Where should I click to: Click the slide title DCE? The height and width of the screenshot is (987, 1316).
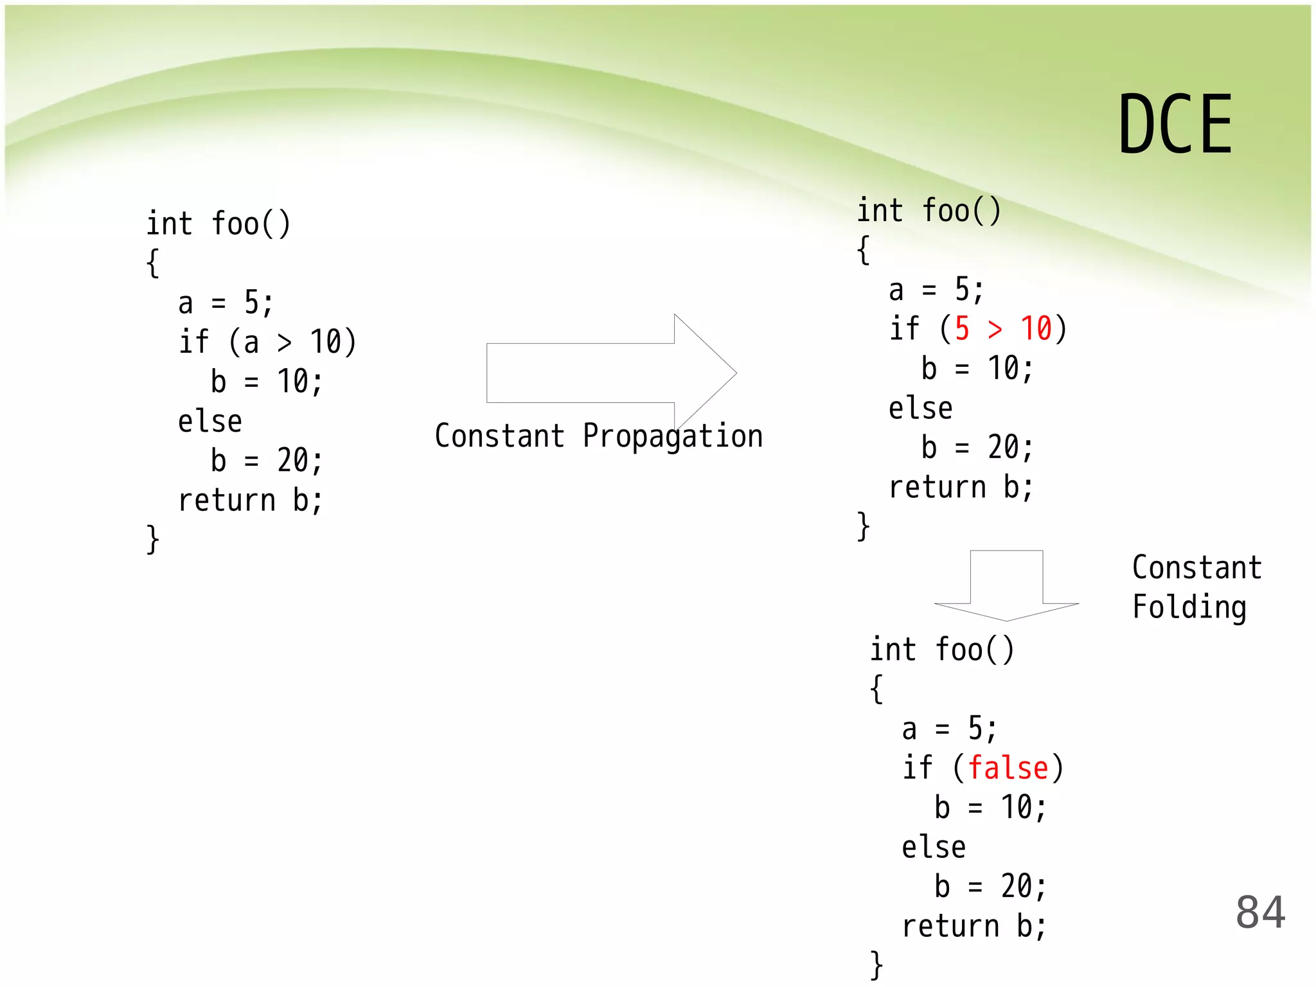pyautogui.click(x=1175, y=124)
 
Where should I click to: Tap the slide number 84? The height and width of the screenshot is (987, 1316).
pyautogui.click(x=1260, y=912)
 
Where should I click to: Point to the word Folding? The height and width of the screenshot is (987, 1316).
pyautogui.click(x=1189, y=607)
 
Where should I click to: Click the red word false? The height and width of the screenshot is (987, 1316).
pyautogui.click(x=1008, y=769)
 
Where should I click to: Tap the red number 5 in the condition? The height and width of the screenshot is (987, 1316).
pyautogui.click(x=962, y=329)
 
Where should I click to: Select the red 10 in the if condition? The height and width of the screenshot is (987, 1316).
pyautogui.click(x=1036, y=329)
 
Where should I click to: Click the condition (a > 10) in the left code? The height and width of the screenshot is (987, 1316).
pyautogui.click(x=292, y=342)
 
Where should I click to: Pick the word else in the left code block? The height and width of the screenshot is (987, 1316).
pyautogui.click(x=210, y=422)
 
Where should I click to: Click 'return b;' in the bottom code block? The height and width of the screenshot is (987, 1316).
pyautogui.click(x=974, y=927)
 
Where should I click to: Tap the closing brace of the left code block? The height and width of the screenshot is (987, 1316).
pyautogui.click(x=153, y=538)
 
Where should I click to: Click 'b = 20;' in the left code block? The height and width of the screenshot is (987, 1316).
pyautogui.click(x=267, y=461)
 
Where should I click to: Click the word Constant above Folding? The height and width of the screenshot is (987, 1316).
pyautogui.click(x=1196, y=568)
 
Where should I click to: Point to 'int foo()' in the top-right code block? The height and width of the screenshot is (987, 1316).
pyautogui.click(x=929, y=211)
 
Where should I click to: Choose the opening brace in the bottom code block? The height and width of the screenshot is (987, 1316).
pyautogui.click(x=876, y=689)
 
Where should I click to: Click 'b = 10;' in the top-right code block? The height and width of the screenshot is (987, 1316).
pyautogui.click(x=977, y=369)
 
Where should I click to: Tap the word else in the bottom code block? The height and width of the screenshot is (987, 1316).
pyautogui.click(x=934, y=848)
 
